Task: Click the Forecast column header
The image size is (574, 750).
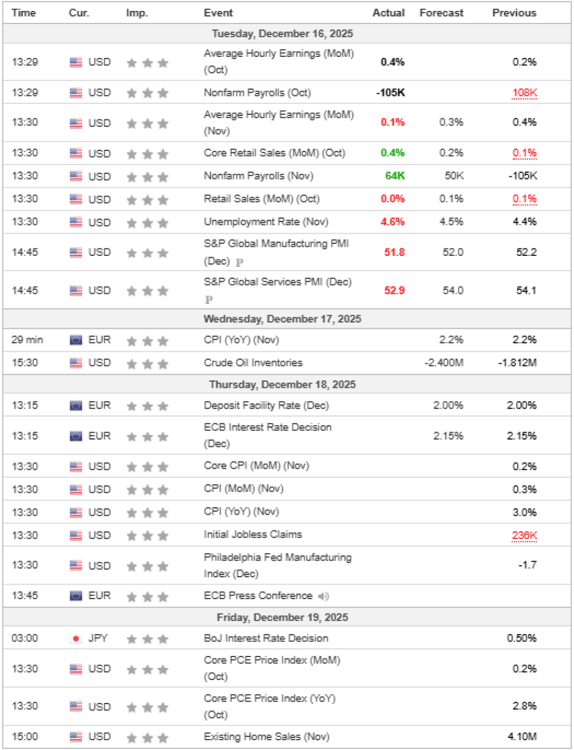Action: (441, 13)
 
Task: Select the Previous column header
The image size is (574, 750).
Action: (514, 13)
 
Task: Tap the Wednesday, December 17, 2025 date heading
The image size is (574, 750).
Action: (282, 319)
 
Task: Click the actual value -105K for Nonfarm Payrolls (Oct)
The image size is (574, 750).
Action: (390, 92)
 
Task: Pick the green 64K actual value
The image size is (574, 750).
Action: (395, 176)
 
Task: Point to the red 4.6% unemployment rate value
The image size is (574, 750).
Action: (393, 221)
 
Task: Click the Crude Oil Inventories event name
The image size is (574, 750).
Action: (253, 363)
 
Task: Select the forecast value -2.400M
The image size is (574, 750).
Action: (444, 363)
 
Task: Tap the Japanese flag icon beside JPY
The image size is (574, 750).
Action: (76, 638)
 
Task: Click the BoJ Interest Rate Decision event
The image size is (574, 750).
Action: (266, 638)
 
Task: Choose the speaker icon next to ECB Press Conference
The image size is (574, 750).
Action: (323, 596)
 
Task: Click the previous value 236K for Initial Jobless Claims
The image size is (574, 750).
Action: (524, 535)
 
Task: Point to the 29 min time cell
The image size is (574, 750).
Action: (27, 340)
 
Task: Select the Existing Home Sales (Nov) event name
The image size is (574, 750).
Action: (266, 737)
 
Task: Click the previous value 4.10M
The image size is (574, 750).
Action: (522, 737)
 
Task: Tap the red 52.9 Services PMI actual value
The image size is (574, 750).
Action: (394, 290)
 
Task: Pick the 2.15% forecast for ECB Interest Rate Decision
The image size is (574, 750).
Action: (448, 436)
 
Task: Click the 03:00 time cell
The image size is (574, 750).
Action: (25, 638)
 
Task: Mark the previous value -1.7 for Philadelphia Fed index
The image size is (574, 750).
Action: (527, 565)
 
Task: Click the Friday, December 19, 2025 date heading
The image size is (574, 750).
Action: (282, 617)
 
